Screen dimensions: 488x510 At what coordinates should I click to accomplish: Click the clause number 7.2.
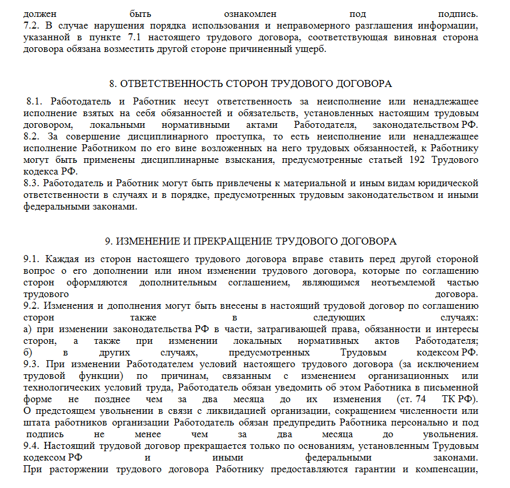(30, 26)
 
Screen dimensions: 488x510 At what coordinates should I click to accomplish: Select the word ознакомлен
(250, 13)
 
